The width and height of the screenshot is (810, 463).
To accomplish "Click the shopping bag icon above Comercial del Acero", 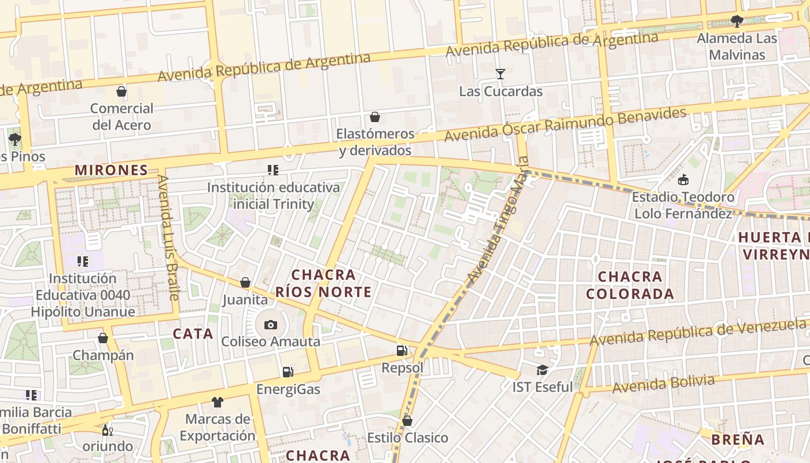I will tap(122, 91).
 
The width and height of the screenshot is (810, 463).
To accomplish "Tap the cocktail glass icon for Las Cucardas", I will tap(500, 74).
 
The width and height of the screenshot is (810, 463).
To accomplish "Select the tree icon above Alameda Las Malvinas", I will tap(737, 21).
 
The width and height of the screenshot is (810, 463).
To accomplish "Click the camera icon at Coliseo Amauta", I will tap(270, 325).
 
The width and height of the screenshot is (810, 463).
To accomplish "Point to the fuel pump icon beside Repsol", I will tap(402, 350).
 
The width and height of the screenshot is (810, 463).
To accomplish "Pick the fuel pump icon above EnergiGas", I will tap(288, 372).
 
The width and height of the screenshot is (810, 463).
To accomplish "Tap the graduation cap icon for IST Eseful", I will tap(542, 369).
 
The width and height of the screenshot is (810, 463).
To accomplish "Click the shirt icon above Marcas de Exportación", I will tap(217, 402).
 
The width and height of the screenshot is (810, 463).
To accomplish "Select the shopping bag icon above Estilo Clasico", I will tap(407, 420).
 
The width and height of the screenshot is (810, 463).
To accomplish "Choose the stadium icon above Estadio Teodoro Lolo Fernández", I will tap(683, 179).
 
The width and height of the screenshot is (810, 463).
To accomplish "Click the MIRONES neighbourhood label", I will tap(112, 170).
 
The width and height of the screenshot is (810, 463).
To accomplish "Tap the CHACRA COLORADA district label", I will tap(630, 285).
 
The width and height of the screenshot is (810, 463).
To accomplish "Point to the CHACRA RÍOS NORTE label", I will tap(323, 283).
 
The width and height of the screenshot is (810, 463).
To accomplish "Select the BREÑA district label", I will tap(738, 439).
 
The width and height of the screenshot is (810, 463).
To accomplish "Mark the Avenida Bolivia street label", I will tap(664, 383).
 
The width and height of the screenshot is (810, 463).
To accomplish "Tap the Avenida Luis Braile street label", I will tap(168, 237).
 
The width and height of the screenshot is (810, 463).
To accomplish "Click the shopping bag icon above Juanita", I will tap(245, 282).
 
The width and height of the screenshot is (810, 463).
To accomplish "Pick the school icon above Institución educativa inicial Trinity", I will tap(273, 170).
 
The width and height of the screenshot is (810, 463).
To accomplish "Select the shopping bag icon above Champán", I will tap(103, 338).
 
